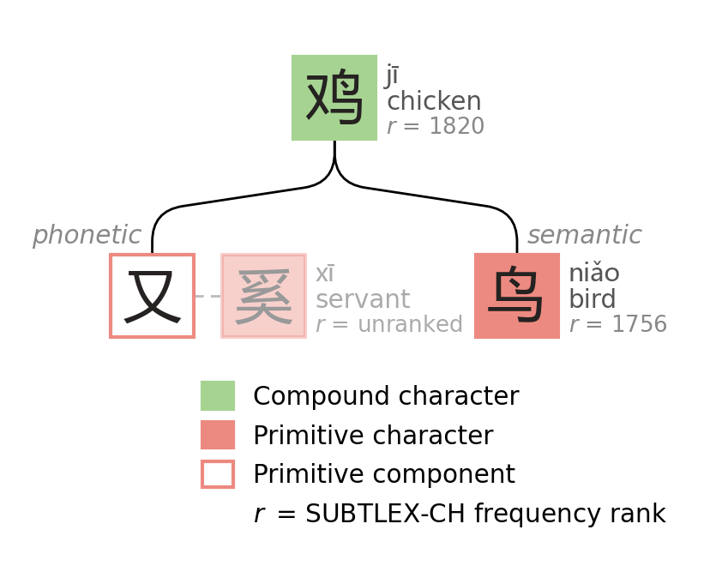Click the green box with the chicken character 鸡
(334, 98)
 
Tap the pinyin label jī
(392, 75)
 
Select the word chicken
(433, 101)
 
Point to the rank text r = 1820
(435, 127)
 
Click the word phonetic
(87, 235)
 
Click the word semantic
(584, 235)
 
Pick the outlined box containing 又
(153, 296)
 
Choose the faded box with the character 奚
(263, 296)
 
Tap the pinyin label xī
(324, 274)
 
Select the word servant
(362, 299)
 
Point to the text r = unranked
(388, 325)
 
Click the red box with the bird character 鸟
(517, 296)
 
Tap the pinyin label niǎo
(593, 274)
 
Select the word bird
(592, 299)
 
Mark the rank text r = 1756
(617, 325)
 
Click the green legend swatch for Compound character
(218, 396)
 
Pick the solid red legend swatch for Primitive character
(218, 435)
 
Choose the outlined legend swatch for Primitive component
(218, 474)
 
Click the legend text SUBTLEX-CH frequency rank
(484, 515)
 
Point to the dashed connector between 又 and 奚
(208, 296)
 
